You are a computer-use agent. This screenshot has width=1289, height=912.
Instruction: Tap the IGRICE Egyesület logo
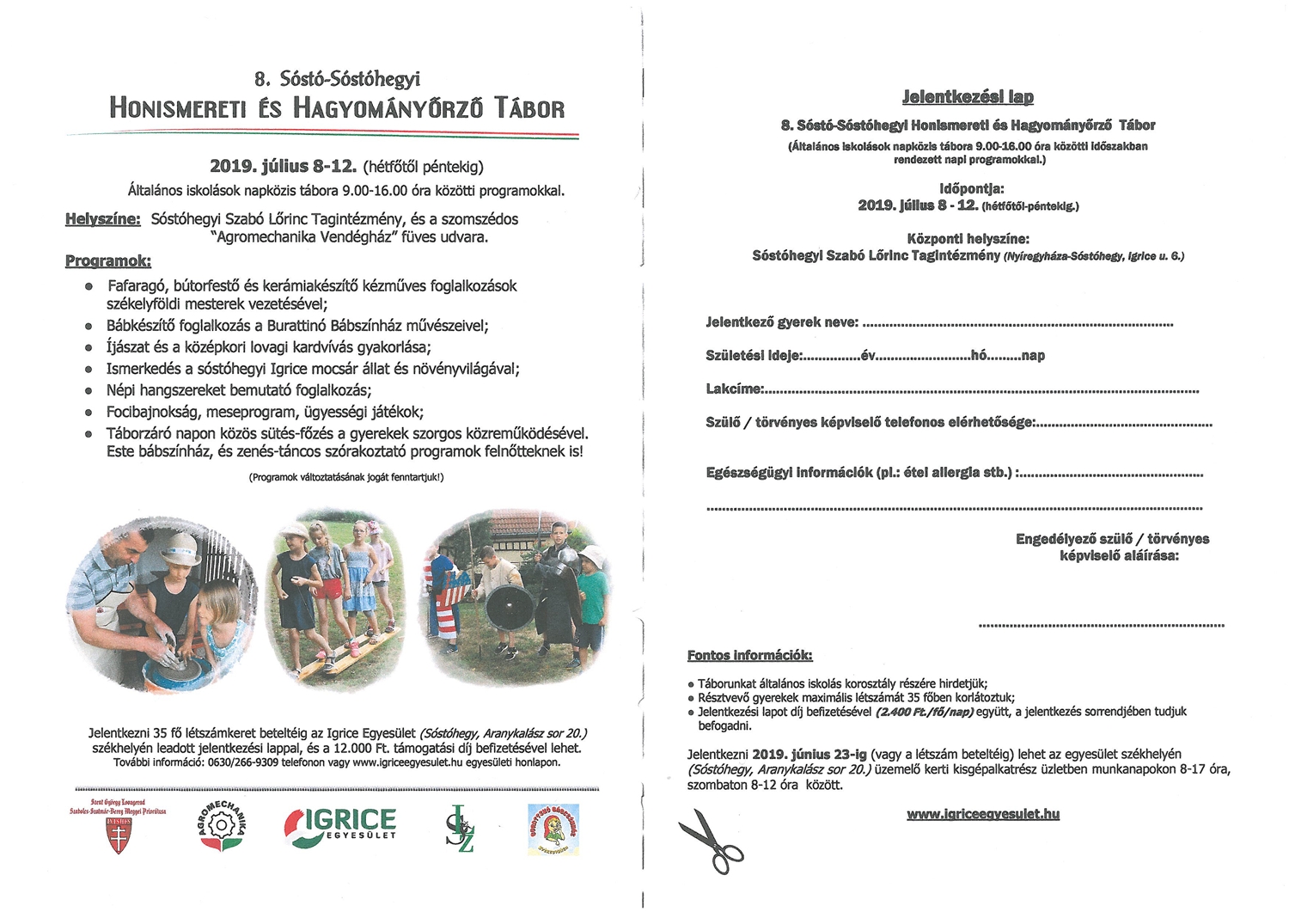click(339, 826)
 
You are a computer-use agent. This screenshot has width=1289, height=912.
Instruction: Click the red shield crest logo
click(119, 834)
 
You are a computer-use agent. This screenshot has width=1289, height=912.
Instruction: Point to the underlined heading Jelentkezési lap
click(967, 97)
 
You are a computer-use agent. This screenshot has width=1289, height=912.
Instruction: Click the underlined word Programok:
click(108, 260)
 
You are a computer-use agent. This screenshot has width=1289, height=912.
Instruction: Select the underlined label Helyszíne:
click(102, 219)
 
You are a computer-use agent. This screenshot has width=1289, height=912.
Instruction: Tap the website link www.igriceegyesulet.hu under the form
click(983, 813)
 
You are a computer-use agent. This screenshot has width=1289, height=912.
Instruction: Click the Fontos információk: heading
click(749, 655)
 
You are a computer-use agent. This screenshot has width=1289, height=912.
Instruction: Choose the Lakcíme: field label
click(735, 389)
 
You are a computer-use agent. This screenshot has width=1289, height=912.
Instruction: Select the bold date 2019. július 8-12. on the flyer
click(283, 166)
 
